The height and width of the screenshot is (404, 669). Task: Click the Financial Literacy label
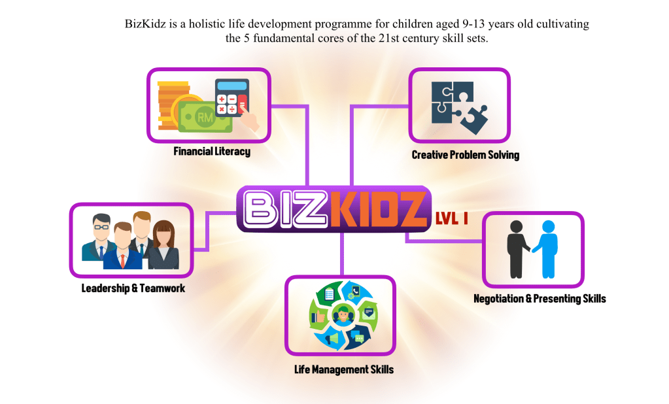[212, 152]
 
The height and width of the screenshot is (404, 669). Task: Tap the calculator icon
[232, 97]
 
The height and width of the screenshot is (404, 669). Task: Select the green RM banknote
[204, 116]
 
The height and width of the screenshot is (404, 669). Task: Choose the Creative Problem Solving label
[466, 155]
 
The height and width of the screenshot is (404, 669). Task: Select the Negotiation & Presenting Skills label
[540, 299]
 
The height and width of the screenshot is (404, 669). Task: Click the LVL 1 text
[452, 218]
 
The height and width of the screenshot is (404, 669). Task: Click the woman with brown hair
[163, 245]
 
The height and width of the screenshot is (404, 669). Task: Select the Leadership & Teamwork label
[133, 288]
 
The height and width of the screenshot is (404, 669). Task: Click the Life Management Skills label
[344, 369]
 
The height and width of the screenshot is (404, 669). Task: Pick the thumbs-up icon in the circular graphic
[318, 317]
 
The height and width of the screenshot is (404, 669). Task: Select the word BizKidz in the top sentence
[145, 24]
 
